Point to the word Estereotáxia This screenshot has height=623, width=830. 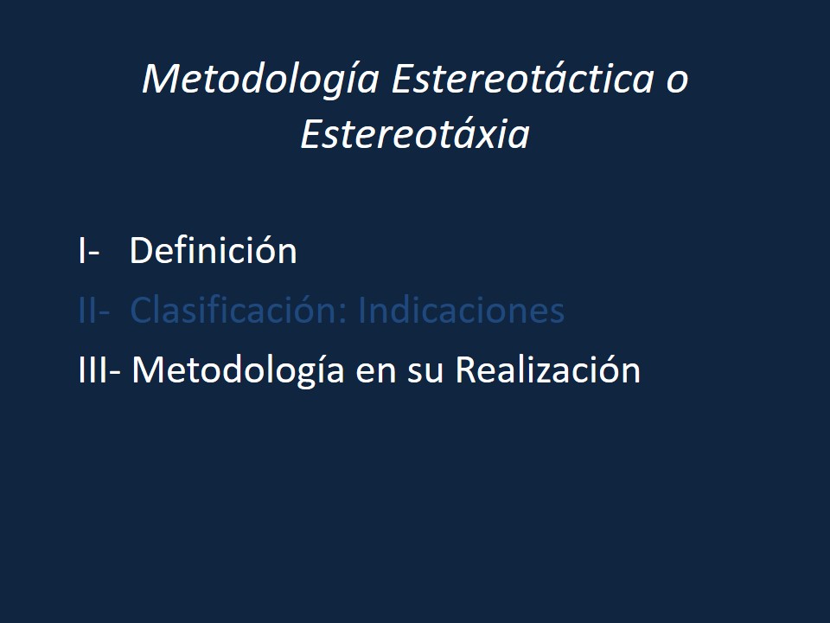click(x=414, y=135)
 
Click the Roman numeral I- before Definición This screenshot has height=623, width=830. click(x=88, y=252)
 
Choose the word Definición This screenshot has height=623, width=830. click(x=213, y=252)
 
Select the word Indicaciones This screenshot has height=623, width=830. click(x=461, y=311)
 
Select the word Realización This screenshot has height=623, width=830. click(x=547, y=370)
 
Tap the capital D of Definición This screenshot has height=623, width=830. click(x=141, y=252)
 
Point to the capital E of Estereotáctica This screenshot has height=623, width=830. click(x=401, y=80)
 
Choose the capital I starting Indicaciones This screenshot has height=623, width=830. click(x=361, y=311)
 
